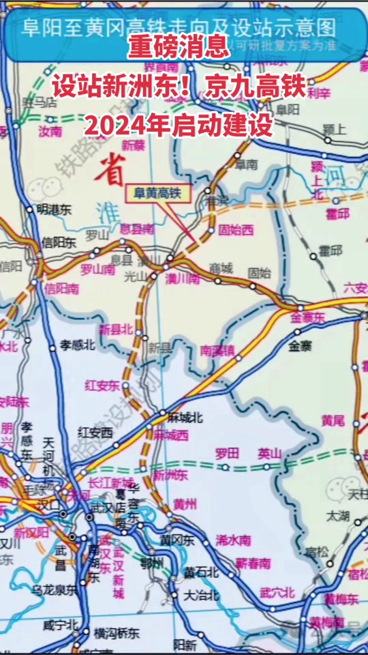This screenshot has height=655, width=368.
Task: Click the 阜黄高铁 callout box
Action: [154, 193]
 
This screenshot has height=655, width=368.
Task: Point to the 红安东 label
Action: [102, 385]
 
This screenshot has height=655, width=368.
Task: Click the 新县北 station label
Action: [116, 330]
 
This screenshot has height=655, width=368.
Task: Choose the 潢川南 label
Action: [183, 278]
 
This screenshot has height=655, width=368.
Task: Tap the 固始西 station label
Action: [236, 230]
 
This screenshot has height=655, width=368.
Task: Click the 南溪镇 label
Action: [217, 351]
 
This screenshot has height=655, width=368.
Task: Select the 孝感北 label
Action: [77, 345]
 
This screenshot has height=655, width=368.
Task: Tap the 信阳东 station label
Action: [59, 242]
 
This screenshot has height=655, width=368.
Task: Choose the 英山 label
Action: [269, 453]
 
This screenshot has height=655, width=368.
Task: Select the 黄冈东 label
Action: [177, 540]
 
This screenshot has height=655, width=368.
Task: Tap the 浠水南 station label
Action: [233, 540]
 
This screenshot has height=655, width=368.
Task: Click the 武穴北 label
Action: [277, 592]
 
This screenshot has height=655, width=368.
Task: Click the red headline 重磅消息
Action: [180, 47]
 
